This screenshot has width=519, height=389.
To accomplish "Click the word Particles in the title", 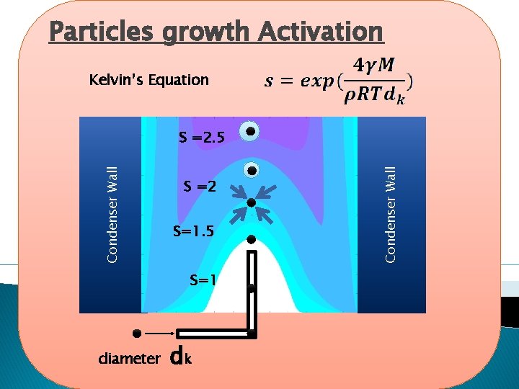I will tap(100, 32).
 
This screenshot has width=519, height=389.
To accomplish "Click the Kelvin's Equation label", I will tap(149, 80).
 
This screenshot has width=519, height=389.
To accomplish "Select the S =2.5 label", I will tap(201, 137).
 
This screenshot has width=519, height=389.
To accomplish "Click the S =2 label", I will tap(200, 187).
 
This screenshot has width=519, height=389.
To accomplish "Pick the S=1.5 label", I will tap(193, 231).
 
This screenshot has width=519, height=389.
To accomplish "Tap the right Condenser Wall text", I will tap(390, 213).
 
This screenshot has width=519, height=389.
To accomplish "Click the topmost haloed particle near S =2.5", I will tap(249, 131).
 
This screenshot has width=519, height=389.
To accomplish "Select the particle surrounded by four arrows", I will tap(251, 203).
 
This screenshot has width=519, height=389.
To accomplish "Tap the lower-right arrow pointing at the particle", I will tap(265, 215).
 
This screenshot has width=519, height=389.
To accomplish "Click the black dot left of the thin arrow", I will tap(136, 334).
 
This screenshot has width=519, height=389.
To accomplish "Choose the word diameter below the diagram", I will tap(129, 357).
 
